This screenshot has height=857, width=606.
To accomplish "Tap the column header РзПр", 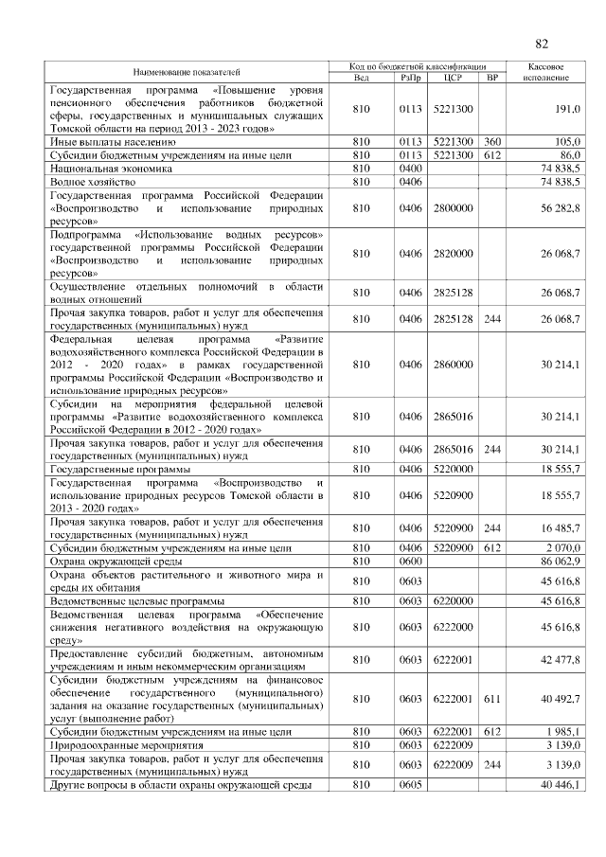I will (x=410, y=77).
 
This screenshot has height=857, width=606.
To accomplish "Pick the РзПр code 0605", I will (x=410, y=785).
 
